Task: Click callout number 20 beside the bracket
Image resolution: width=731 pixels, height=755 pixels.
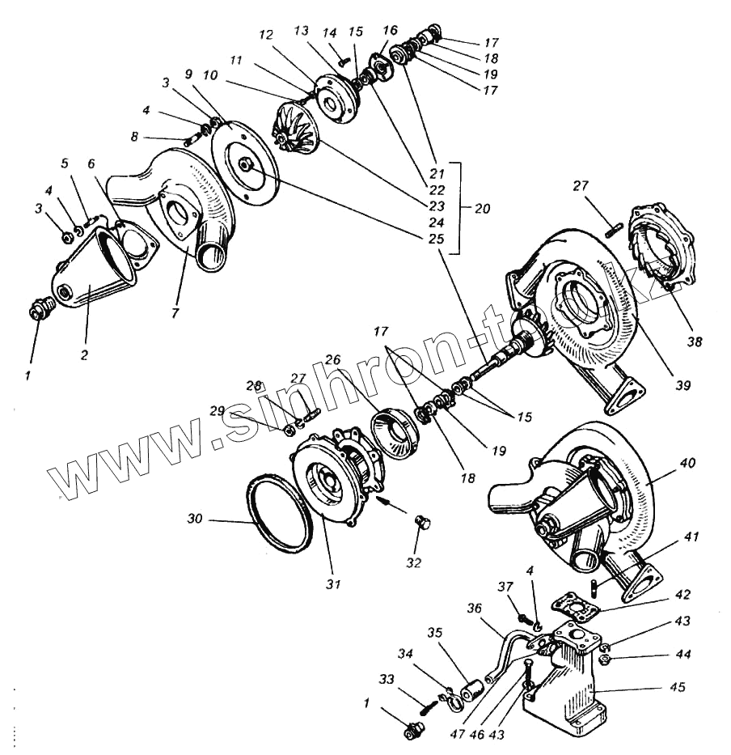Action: click(482, 208)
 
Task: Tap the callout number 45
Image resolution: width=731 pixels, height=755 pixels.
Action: click(677, 687)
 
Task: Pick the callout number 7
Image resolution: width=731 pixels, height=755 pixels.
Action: click(175, 312)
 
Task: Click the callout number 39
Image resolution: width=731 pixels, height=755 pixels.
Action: click(684, 385)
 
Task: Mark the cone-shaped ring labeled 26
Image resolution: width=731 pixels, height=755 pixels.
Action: click(394, 439)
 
